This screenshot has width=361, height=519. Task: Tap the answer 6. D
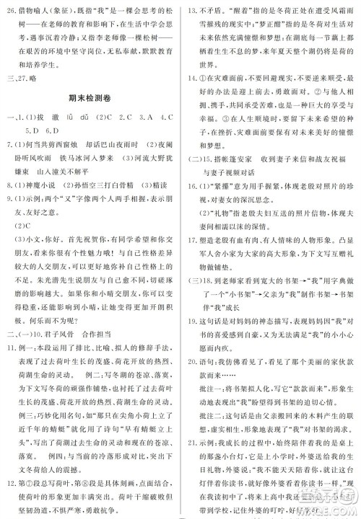pos(53,130)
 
